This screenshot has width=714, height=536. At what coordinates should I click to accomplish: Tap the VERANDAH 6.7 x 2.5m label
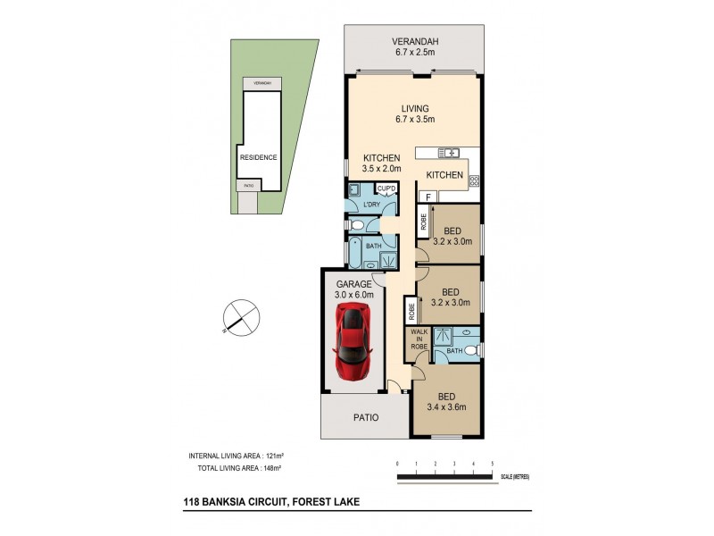click(x=415, y=46)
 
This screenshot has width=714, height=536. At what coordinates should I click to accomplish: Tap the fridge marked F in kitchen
click(x=428, y=197)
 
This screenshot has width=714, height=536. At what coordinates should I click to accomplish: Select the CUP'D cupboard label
click(x=386, y=188)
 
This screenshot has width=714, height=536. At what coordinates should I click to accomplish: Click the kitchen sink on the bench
click(x=449, y=152)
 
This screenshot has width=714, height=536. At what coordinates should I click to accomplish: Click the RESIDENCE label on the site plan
click(x=257, y=157)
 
